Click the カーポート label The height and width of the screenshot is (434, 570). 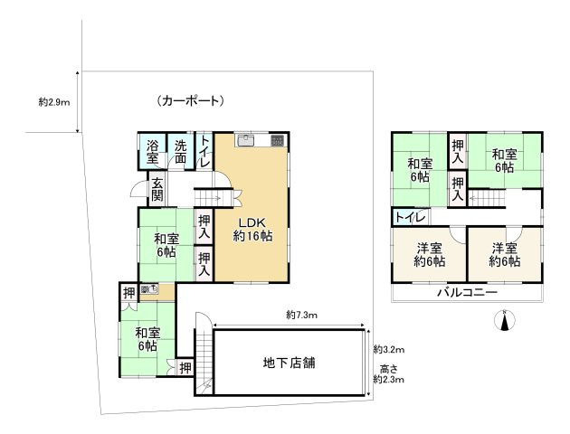pos(189,100)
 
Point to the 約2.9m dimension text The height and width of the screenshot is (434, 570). pos(56,102)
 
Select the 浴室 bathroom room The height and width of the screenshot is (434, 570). pos(153,151)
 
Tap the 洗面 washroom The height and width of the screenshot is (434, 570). pos(181,151)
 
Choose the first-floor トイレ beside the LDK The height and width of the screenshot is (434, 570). pos(204,151)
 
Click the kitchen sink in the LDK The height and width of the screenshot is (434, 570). pos(246,140)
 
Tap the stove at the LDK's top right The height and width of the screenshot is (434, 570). pos(276,140)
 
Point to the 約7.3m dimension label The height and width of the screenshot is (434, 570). pos(302,315)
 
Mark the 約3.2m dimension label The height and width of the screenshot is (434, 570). pos(389,349)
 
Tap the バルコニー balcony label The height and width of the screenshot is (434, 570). pos(467,293)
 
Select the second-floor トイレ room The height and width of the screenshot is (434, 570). pos(410,217)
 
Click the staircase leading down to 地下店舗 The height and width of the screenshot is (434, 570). pos(204,358)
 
